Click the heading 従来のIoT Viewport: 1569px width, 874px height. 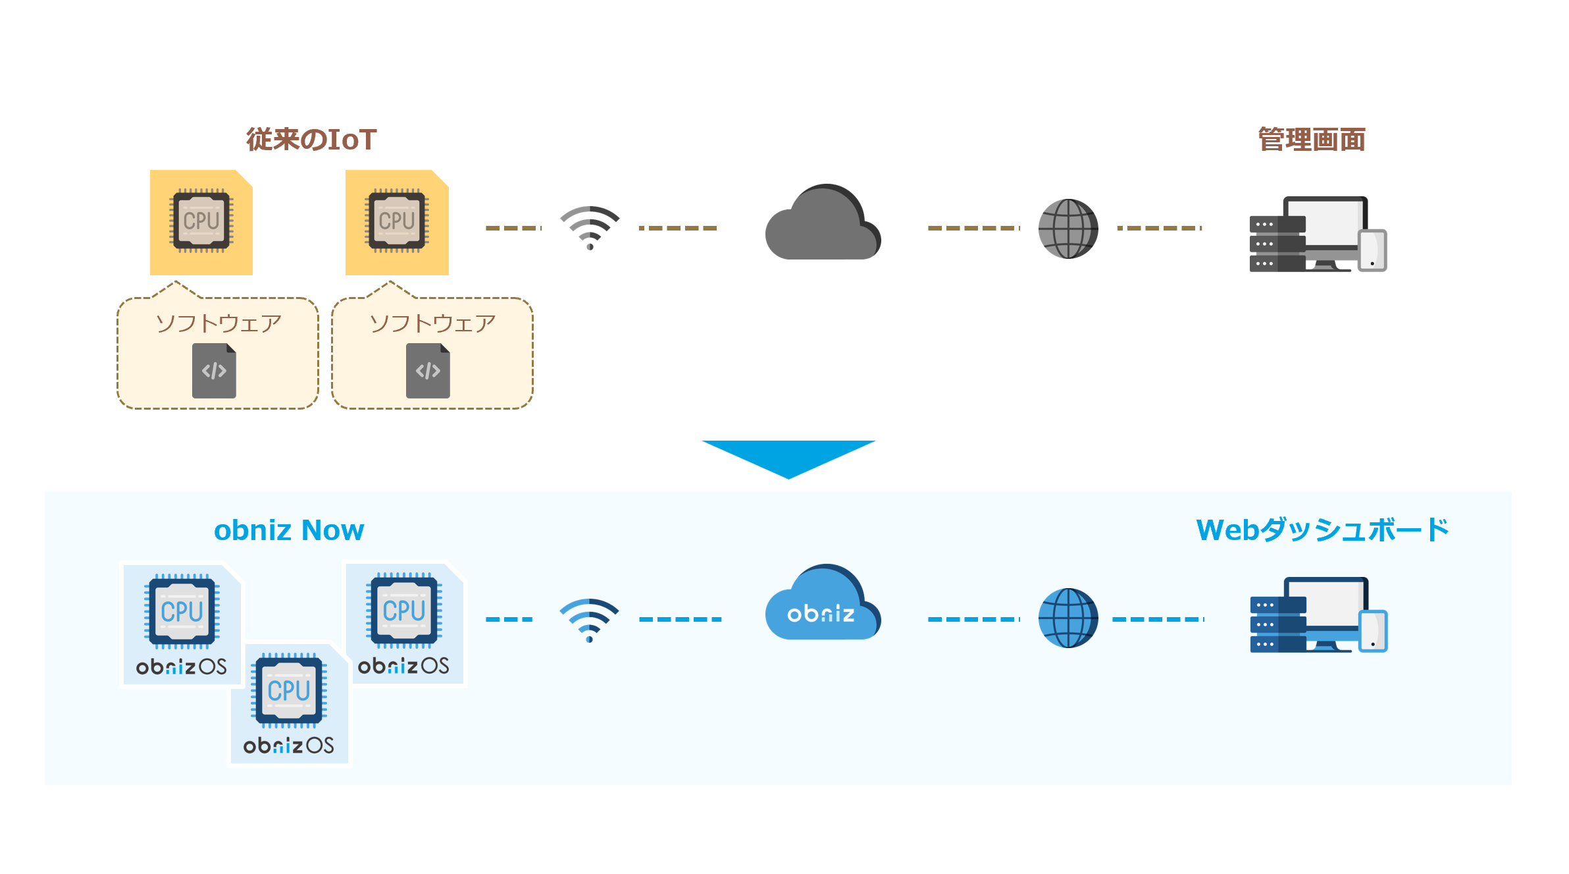coord(311,140)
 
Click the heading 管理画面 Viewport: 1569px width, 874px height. coord(1312,140)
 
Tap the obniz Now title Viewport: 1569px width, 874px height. coord(289,530)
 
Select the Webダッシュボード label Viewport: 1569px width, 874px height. coord(1322,530)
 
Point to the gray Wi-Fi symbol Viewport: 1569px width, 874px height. coord(590,228)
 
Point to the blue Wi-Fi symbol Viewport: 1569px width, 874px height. coord(590,620)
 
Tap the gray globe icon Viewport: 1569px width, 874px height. coord(1067,229)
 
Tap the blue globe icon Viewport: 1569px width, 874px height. coord(1067,618)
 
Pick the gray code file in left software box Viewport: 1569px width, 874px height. coord(214,371)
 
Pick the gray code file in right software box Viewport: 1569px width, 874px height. coord(428,371)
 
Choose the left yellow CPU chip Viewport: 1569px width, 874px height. coord(201,221)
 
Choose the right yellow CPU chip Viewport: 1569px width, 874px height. coord(397,221)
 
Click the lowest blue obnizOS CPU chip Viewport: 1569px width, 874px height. coord(289,691)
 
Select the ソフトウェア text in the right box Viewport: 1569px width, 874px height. coord(432,323)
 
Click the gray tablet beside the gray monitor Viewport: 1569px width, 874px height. coord(1372,250)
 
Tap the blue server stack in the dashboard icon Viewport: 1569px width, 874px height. coord(1277,624)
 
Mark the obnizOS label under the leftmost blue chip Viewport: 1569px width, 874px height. coord(181,667)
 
